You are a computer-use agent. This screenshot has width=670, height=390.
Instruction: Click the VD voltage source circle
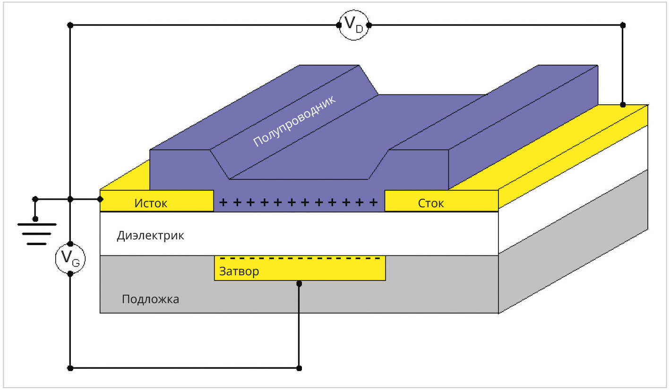click(x=353, y=25)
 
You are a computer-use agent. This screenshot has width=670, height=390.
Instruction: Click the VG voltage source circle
click(x=70, y=259)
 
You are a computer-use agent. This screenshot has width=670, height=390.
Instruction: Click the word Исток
click(x=151, y=203)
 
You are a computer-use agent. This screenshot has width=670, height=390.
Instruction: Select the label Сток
click(x=431, y=203)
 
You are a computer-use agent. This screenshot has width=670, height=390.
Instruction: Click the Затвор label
click(x=239, y=272)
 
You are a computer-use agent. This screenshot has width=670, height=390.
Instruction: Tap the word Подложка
click(x=150, y=299)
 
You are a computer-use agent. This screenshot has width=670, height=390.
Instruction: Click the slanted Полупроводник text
click(x=294, y=121)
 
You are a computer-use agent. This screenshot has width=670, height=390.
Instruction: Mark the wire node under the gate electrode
click(x=299, y=284)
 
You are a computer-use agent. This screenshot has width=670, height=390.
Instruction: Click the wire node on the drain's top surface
click(x=623, y=104)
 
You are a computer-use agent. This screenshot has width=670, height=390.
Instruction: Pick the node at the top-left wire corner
click(x=70, y=25)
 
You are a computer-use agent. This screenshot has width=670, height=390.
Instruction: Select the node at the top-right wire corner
click(x=623, y=25)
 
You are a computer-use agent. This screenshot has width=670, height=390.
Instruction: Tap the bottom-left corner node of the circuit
click(x=70, y=368)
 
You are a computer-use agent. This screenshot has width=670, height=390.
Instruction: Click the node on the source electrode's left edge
click(x=100, y=199)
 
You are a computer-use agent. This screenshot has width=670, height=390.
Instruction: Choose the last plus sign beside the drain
click(x=374, y=203)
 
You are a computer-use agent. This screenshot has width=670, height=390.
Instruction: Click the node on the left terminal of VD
click(x=338, y=25)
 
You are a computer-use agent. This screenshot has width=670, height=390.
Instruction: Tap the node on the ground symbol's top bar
click(x=35, y=219)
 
